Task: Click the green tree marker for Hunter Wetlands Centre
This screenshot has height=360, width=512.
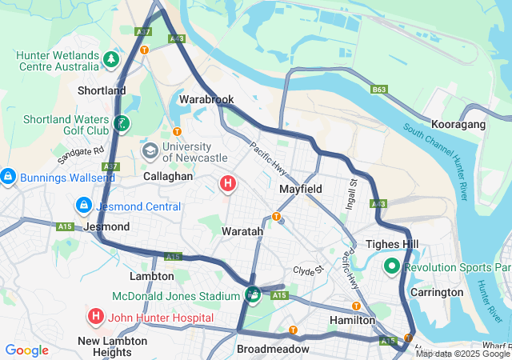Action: [111, 58]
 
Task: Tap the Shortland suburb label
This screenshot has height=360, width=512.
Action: [102, 90]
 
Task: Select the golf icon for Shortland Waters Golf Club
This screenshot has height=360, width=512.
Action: [121, 123]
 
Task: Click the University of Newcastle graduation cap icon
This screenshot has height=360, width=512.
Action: [150, 150]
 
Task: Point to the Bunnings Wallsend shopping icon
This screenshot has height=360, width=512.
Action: [7, 175]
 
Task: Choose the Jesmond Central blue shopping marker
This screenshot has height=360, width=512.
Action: [82, 206]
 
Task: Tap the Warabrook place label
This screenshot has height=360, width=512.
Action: [206, 99]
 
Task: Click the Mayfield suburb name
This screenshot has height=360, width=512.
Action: [300, 189]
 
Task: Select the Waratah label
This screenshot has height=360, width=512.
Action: [242, 230]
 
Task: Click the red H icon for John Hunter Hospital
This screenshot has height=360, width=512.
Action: [96, 317]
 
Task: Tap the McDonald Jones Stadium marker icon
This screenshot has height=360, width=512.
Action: [253, 295]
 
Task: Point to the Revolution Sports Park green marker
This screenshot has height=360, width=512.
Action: [393, 266]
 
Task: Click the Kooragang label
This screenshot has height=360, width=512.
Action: [458, 125]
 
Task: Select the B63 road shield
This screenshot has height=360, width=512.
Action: [379, 90]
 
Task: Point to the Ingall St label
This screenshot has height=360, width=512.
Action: [353, 191]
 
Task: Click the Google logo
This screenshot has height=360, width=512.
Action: [26, 350]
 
